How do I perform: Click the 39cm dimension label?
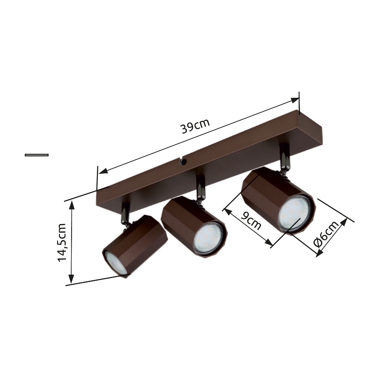(195, 127)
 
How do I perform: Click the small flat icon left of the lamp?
(37, 155)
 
